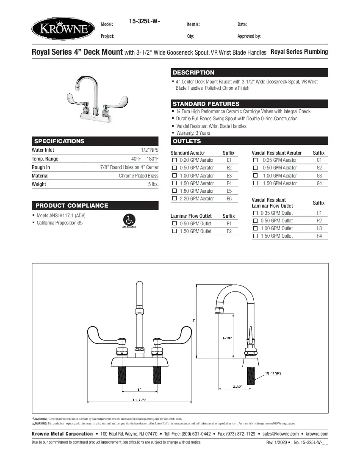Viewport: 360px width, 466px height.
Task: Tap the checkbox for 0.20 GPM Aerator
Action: pyautogui.click(x=174, y=160)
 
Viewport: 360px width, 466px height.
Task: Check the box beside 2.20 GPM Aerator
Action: pyautogui.click(x=174, y=199)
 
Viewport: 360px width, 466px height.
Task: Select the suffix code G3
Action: pyautogui.click(x=319, y=176)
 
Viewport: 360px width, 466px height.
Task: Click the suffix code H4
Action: pyautogui.click(x=319, y=236)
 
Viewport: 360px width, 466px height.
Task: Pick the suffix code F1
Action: pyautogui.click(x=229, y=224)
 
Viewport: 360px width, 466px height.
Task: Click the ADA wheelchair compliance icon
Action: pyautogui.click(x=129, y=220)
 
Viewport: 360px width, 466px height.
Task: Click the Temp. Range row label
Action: pyautogui.click(x=45, y=159)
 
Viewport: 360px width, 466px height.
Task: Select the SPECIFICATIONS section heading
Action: pyautogui.click(x=59, y=141)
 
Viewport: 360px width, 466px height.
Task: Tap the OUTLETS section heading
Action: pyautogui.click(x=187, y=141)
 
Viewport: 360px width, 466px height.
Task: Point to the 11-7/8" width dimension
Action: pyautogui.click(x=139, y=399)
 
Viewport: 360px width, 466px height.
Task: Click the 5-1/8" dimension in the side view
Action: pyautogui.click(x=227, y=338)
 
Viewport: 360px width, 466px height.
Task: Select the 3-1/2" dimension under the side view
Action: pyautogui.click(x=238, y=387)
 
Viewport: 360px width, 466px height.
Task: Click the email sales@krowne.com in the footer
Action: pyautogui.click(x=280, y=434)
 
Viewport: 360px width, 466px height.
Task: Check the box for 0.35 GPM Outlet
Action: pyautogui.click(x=255, y=213)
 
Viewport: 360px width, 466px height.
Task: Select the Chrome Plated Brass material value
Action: pyautogui.click(x=138, y=176)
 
